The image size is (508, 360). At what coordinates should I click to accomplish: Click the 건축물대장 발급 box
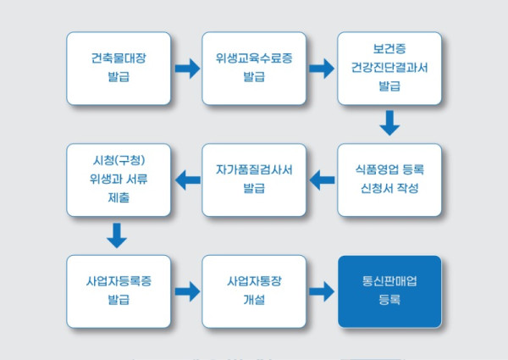click(119, 69)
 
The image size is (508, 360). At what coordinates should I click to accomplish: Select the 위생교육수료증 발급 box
click(254, 69)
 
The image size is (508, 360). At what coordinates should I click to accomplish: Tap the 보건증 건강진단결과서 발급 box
click(389, 69)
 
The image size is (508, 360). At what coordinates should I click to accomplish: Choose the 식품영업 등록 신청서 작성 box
click(389, 180)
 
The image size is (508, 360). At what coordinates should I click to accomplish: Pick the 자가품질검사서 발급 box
click(254, 180)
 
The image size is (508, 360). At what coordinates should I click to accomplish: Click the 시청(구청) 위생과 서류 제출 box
click(119, 180)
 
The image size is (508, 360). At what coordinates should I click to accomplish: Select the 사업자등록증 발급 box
click(119, 291)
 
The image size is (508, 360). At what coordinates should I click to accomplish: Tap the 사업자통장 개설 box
click(254, 291)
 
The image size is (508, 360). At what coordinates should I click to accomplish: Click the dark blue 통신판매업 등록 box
click(389, 291)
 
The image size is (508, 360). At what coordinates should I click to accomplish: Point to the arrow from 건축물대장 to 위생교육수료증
click(186, 69)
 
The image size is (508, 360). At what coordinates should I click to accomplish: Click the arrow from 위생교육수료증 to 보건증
click(322, 69)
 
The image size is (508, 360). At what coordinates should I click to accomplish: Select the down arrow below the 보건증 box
click(389, 124)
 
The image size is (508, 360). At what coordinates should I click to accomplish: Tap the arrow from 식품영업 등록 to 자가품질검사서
click(322, 179)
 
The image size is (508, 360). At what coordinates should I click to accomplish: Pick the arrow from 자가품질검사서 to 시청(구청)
click(186, 179)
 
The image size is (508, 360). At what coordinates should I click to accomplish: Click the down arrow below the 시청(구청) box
click(118, 235)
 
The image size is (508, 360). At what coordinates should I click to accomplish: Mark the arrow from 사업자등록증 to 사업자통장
click(186, 291)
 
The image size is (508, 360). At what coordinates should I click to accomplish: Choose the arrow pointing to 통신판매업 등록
click(322, 291)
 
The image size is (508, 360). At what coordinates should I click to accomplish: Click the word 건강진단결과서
click(389, 69)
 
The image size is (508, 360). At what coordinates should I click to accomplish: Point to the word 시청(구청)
click(119, 162)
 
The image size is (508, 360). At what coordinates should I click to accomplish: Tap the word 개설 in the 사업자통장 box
click(254, 300)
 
